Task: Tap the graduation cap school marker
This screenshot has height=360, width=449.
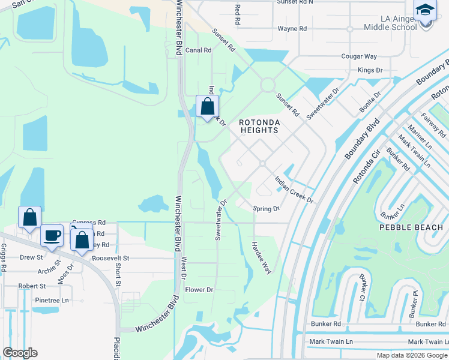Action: coord(425,10)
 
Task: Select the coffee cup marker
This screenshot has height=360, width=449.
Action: coord(52,235)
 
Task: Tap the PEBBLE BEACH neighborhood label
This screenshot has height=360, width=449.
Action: coord(411,227)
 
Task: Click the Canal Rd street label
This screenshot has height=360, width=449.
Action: coord(198,50)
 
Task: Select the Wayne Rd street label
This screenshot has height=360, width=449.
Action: coord(292,28)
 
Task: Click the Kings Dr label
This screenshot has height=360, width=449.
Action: coord(370,70)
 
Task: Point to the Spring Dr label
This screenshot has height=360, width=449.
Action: coord(266,209)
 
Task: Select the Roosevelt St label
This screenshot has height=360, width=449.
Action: coord(106,257)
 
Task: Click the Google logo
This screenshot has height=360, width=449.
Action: coord(20,353)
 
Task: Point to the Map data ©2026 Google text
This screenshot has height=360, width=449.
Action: coord(411,355)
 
